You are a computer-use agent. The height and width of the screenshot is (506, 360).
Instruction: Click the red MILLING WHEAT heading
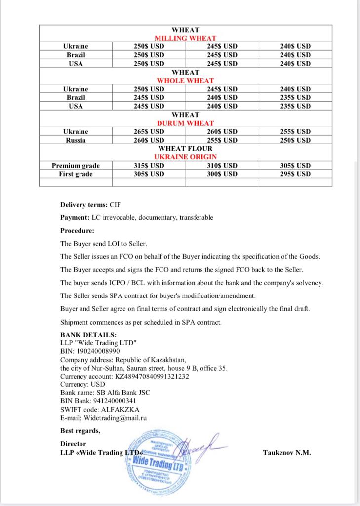[185, 38]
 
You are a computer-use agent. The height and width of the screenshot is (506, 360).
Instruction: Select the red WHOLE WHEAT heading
[185, 81]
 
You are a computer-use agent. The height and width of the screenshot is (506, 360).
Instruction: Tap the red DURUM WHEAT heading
[185, 123]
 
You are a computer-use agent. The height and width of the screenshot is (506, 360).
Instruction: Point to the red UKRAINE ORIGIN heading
[185, 157]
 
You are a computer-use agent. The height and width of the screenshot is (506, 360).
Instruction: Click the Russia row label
[76, 140]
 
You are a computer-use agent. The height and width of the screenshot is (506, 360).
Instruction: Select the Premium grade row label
[76, 166]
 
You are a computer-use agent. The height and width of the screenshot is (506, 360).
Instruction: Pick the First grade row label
[76, 174]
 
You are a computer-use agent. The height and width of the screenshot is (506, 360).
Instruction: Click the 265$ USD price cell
[149, 132]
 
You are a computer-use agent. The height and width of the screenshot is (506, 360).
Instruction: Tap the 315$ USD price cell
[149, 166]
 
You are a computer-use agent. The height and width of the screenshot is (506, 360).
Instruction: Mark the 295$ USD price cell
[295, 174]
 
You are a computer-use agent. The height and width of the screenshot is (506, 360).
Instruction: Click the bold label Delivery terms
[80, 204]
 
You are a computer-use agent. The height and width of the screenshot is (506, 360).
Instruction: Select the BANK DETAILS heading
[88, 335]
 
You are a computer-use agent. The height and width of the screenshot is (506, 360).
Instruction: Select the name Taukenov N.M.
[287, 453]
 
